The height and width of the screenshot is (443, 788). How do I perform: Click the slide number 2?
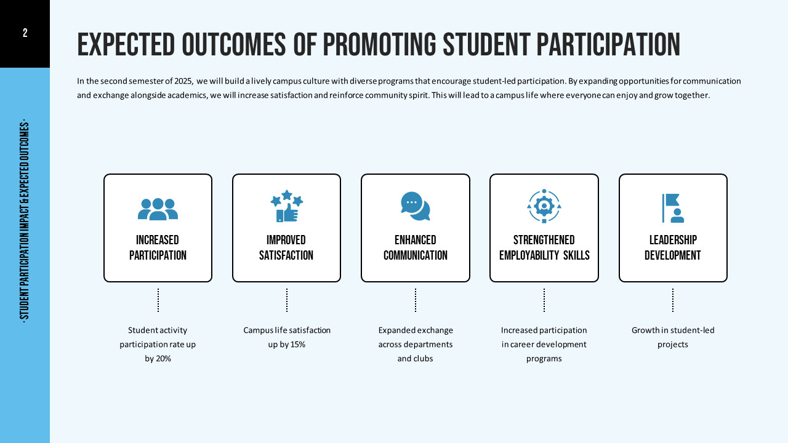(x=25, y=33)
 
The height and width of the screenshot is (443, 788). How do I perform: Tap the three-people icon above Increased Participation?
(x=158, y=209)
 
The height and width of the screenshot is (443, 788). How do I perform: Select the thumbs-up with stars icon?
(x=287, y=206)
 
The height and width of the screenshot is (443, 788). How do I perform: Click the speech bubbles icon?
(x=416, y=206)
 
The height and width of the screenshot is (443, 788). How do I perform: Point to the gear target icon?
(x=544, y=206)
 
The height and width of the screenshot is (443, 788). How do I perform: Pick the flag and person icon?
(x=672, y=207)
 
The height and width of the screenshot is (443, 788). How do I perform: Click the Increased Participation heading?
(x=158, y=247)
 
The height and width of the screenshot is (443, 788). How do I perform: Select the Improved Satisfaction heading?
(x=286, y=247)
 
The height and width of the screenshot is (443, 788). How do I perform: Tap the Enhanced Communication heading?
(x=416, y=247)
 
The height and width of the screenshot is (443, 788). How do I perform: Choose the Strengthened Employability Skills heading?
(x=544, y=247)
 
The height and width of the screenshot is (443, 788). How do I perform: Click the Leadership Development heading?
(x=673, y=247)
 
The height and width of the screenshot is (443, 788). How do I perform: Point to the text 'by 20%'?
(x=158, y=359)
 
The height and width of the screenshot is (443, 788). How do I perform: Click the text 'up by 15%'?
(x=287, y=345)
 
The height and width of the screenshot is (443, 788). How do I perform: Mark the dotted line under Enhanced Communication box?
(x=416, y=300)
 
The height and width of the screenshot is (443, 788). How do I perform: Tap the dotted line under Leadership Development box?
(x=673, y=300)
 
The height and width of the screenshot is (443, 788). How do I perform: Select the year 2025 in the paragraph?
(x=182, y=81)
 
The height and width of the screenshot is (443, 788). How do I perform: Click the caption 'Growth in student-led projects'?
(x=673, y=337)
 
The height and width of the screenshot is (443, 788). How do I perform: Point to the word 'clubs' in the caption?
(x=422, y=359)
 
